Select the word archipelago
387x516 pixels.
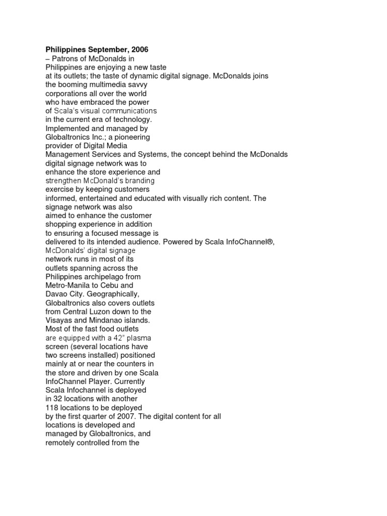(x=112, y=277)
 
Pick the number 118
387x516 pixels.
(x=52, y=407)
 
